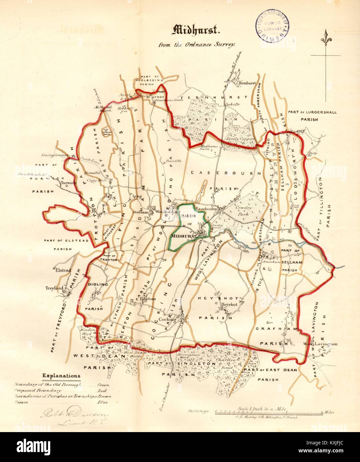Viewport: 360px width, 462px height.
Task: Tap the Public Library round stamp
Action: click(x=272, y=24)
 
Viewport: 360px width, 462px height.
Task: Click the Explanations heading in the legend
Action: click(x=61, y=376)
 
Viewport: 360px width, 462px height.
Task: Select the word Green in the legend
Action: click(x=103, y=385)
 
